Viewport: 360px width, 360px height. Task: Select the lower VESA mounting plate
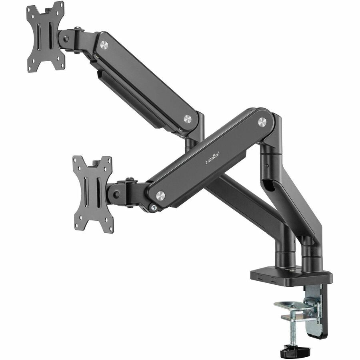[x=93, y=194]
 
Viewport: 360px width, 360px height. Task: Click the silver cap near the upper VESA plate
[x=104, y=45]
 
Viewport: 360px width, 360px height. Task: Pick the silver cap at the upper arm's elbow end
[x=188, y=119]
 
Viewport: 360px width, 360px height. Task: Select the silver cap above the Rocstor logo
[x=262, y=122]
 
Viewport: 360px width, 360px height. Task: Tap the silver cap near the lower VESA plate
[x=160, y=196]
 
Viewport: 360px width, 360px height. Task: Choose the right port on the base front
[x=273, y=278]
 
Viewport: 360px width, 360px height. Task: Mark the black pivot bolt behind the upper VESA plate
[x=67, y=39]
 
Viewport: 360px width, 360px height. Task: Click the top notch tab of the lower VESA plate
[x=96, y=163]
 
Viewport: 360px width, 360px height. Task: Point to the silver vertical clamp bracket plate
[x=316, y=308]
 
